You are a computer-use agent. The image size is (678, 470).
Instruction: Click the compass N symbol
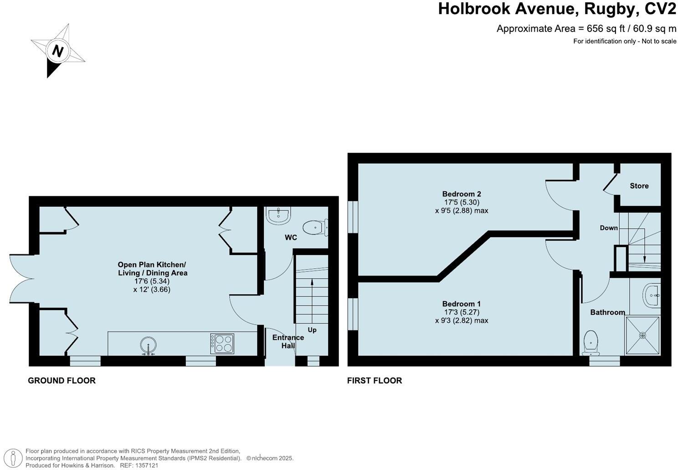pos(57,51)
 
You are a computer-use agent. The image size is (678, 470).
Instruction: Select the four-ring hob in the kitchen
pos(222,343)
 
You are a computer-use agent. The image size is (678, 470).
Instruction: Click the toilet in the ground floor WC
pos(315,228)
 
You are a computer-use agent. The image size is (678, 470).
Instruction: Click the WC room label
pos(291,237)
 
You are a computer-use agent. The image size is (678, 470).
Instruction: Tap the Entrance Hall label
pos(288,342)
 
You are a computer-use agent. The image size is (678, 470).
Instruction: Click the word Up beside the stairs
pos(312,330)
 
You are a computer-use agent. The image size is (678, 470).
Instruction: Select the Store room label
pos(639,186)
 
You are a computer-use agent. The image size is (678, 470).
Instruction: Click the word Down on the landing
pos(609,228)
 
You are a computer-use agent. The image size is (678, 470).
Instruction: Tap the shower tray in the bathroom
pos(642,335)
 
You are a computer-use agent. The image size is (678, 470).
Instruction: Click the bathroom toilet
pos(591,342)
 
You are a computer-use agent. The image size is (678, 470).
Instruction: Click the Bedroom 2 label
pos(462,194)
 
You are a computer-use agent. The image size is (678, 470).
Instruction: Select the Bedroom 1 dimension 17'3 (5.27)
pos(462,312)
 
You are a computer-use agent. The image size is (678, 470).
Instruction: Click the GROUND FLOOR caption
pos(62,381)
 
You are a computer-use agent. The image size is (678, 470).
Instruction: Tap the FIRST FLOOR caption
pos(375,381)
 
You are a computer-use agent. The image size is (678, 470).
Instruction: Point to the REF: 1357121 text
pos(139,465)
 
